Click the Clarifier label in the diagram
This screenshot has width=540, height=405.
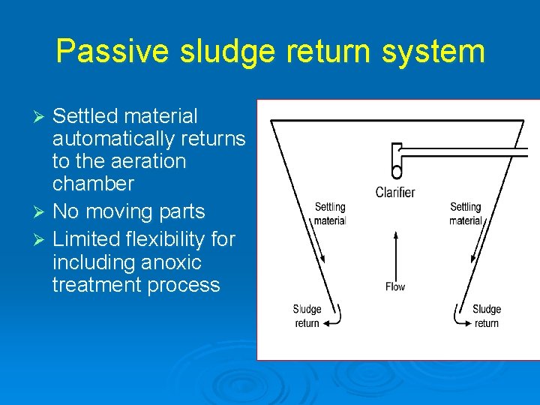395,193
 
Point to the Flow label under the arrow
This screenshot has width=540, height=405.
395,286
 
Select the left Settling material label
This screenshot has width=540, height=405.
330,214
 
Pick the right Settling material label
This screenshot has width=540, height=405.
465,214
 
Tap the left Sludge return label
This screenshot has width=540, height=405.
307,316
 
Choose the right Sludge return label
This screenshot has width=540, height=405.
486,316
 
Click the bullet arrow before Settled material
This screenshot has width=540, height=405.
42,117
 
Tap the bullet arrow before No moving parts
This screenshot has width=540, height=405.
42,212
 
